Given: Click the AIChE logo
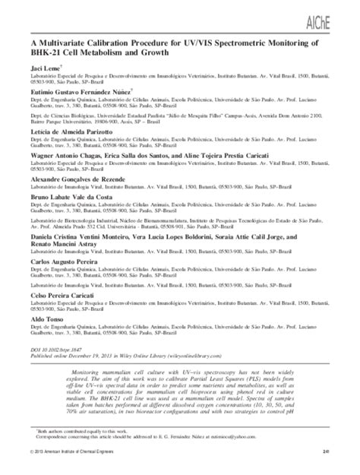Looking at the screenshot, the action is coord(336,18).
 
